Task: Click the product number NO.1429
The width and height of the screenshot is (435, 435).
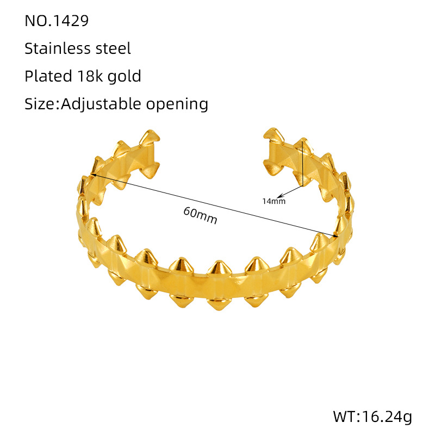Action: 57,21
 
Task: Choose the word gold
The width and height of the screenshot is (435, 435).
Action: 124,76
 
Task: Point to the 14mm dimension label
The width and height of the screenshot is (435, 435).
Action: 274,201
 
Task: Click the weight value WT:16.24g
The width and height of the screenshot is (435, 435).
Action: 372,417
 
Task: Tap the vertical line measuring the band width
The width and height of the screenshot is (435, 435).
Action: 302,163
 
